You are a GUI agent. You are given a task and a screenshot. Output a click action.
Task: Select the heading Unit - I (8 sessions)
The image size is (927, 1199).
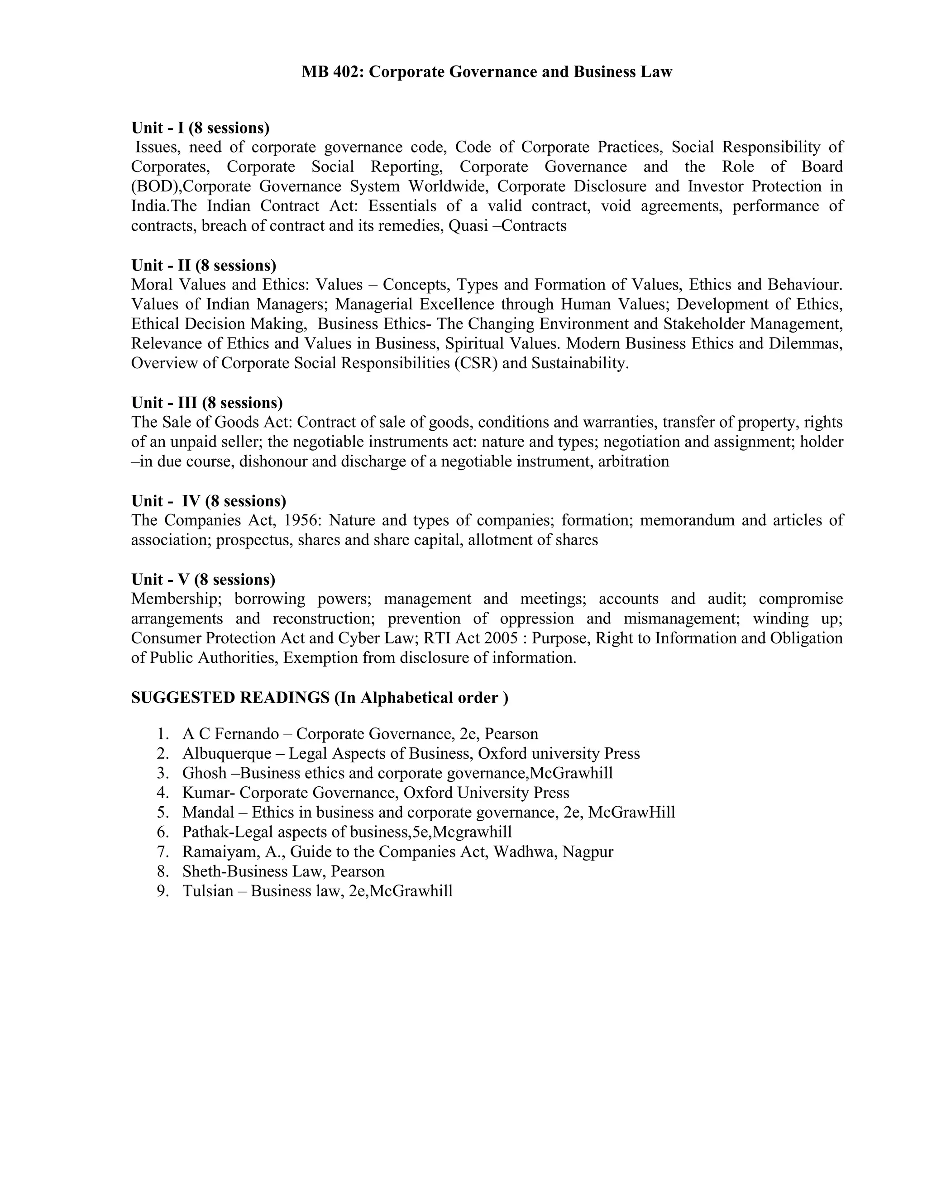pyautogui.click(x=201, y=128)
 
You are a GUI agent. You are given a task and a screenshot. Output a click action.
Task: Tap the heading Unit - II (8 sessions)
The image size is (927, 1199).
pyautogui.click(x=204, y=265)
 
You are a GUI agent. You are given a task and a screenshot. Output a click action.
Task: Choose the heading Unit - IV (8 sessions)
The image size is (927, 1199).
pyautogui.click(x=209, y=501)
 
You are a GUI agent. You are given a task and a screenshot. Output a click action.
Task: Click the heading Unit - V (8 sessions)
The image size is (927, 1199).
pyautogui.click(x=203, y=579)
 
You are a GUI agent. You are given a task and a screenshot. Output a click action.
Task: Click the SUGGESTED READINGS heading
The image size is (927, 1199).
pyautogui.click(x=320, y=697)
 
